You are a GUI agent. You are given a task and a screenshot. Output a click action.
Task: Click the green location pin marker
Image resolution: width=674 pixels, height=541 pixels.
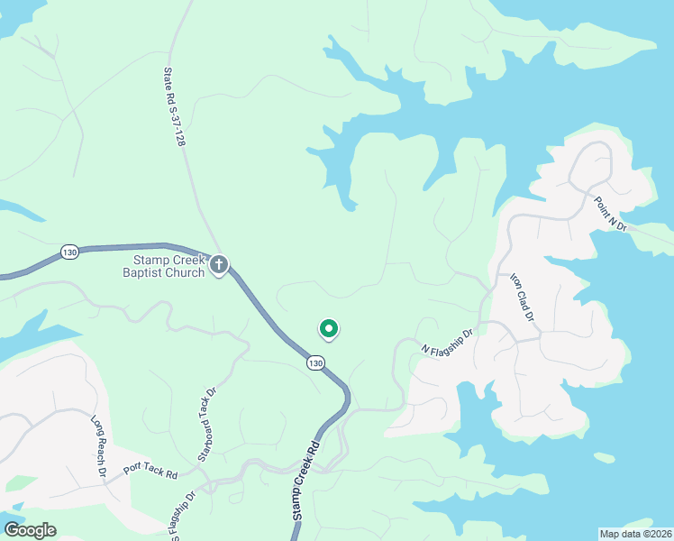pyautogui.click(x=329, y=330)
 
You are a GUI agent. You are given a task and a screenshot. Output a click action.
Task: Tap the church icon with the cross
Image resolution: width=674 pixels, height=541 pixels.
pyautogui.click(x=219, y=266)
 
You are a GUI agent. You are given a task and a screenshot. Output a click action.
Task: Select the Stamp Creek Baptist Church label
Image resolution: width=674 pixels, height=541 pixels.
pyautogui.click(x=164, y=266)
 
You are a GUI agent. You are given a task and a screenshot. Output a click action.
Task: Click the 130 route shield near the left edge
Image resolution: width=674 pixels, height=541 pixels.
pyautogui.click(x=69, y=252)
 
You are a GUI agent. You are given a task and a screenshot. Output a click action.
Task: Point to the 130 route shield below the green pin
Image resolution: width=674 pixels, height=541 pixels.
pyautogui.click(x=314, y=362)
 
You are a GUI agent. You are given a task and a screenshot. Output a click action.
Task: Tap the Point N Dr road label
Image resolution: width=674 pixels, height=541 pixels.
pyautogui.click(x=609, y=215)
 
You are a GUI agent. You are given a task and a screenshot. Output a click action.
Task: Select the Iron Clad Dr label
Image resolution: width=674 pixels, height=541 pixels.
pyautogui.click(x=523, y=298)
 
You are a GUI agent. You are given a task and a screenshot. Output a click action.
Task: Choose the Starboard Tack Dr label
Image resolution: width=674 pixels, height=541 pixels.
pyautogui.click(x=205, y=414)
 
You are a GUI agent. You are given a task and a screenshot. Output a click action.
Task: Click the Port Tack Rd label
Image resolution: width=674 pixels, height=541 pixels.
pyautogui.click(x=150, y=469)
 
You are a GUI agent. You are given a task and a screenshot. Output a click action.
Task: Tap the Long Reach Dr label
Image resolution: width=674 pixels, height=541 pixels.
pyautogui.click(x=99, y=446)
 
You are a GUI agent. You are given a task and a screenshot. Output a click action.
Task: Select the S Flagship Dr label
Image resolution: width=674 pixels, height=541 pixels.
pyautogui.click(x=180, y=516)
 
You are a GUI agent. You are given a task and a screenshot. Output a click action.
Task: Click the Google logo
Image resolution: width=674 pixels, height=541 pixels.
pyautogui.click(x=30, y=530)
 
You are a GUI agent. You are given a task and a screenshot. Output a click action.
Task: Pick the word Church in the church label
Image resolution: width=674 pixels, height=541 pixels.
pyautogui.click(x=188, y=272)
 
